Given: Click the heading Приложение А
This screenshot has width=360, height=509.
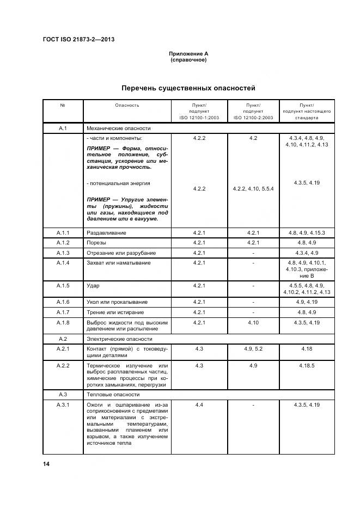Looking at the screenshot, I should pos(188,54).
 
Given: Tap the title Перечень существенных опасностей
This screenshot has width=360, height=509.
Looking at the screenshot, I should pos(188,88).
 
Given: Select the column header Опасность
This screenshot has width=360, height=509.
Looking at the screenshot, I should pos(127,105).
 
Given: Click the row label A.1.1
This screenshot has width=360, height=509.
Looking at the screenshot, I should pos(63,232).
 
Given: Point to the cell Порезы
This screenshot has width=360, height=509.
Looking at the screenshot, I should pos(96,243).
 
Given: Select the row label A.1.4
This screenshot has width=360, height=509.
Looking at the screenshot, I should pos(63,263).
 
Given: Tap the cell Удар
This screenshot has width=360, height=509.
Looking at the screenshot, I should pos(93,285).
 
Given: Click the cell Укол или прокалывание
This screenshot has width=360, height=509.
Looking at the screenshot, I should pos(117,302).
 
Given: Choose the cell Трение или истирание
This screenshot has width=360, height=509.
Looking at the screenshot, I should pos(115,312).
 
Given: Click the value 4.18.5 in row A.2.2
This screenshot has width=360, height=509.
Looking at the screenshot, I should pos(307,365).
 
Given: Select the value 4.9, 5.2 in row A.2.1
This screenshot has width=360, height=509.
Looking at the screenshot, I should pos(253,348).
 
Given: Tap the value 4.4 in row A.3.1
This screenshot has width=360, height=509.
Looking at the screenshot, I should pos(198,405).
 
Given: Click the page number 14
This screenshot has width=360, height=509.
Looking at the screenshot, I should pos(46,464).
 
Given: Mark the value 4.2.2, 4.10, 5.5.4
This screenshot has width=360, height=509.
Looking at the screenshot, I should pos(253,189).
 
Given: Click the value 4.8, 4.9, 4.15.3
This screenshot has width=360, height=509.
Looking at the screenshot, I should pos(307,232).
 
